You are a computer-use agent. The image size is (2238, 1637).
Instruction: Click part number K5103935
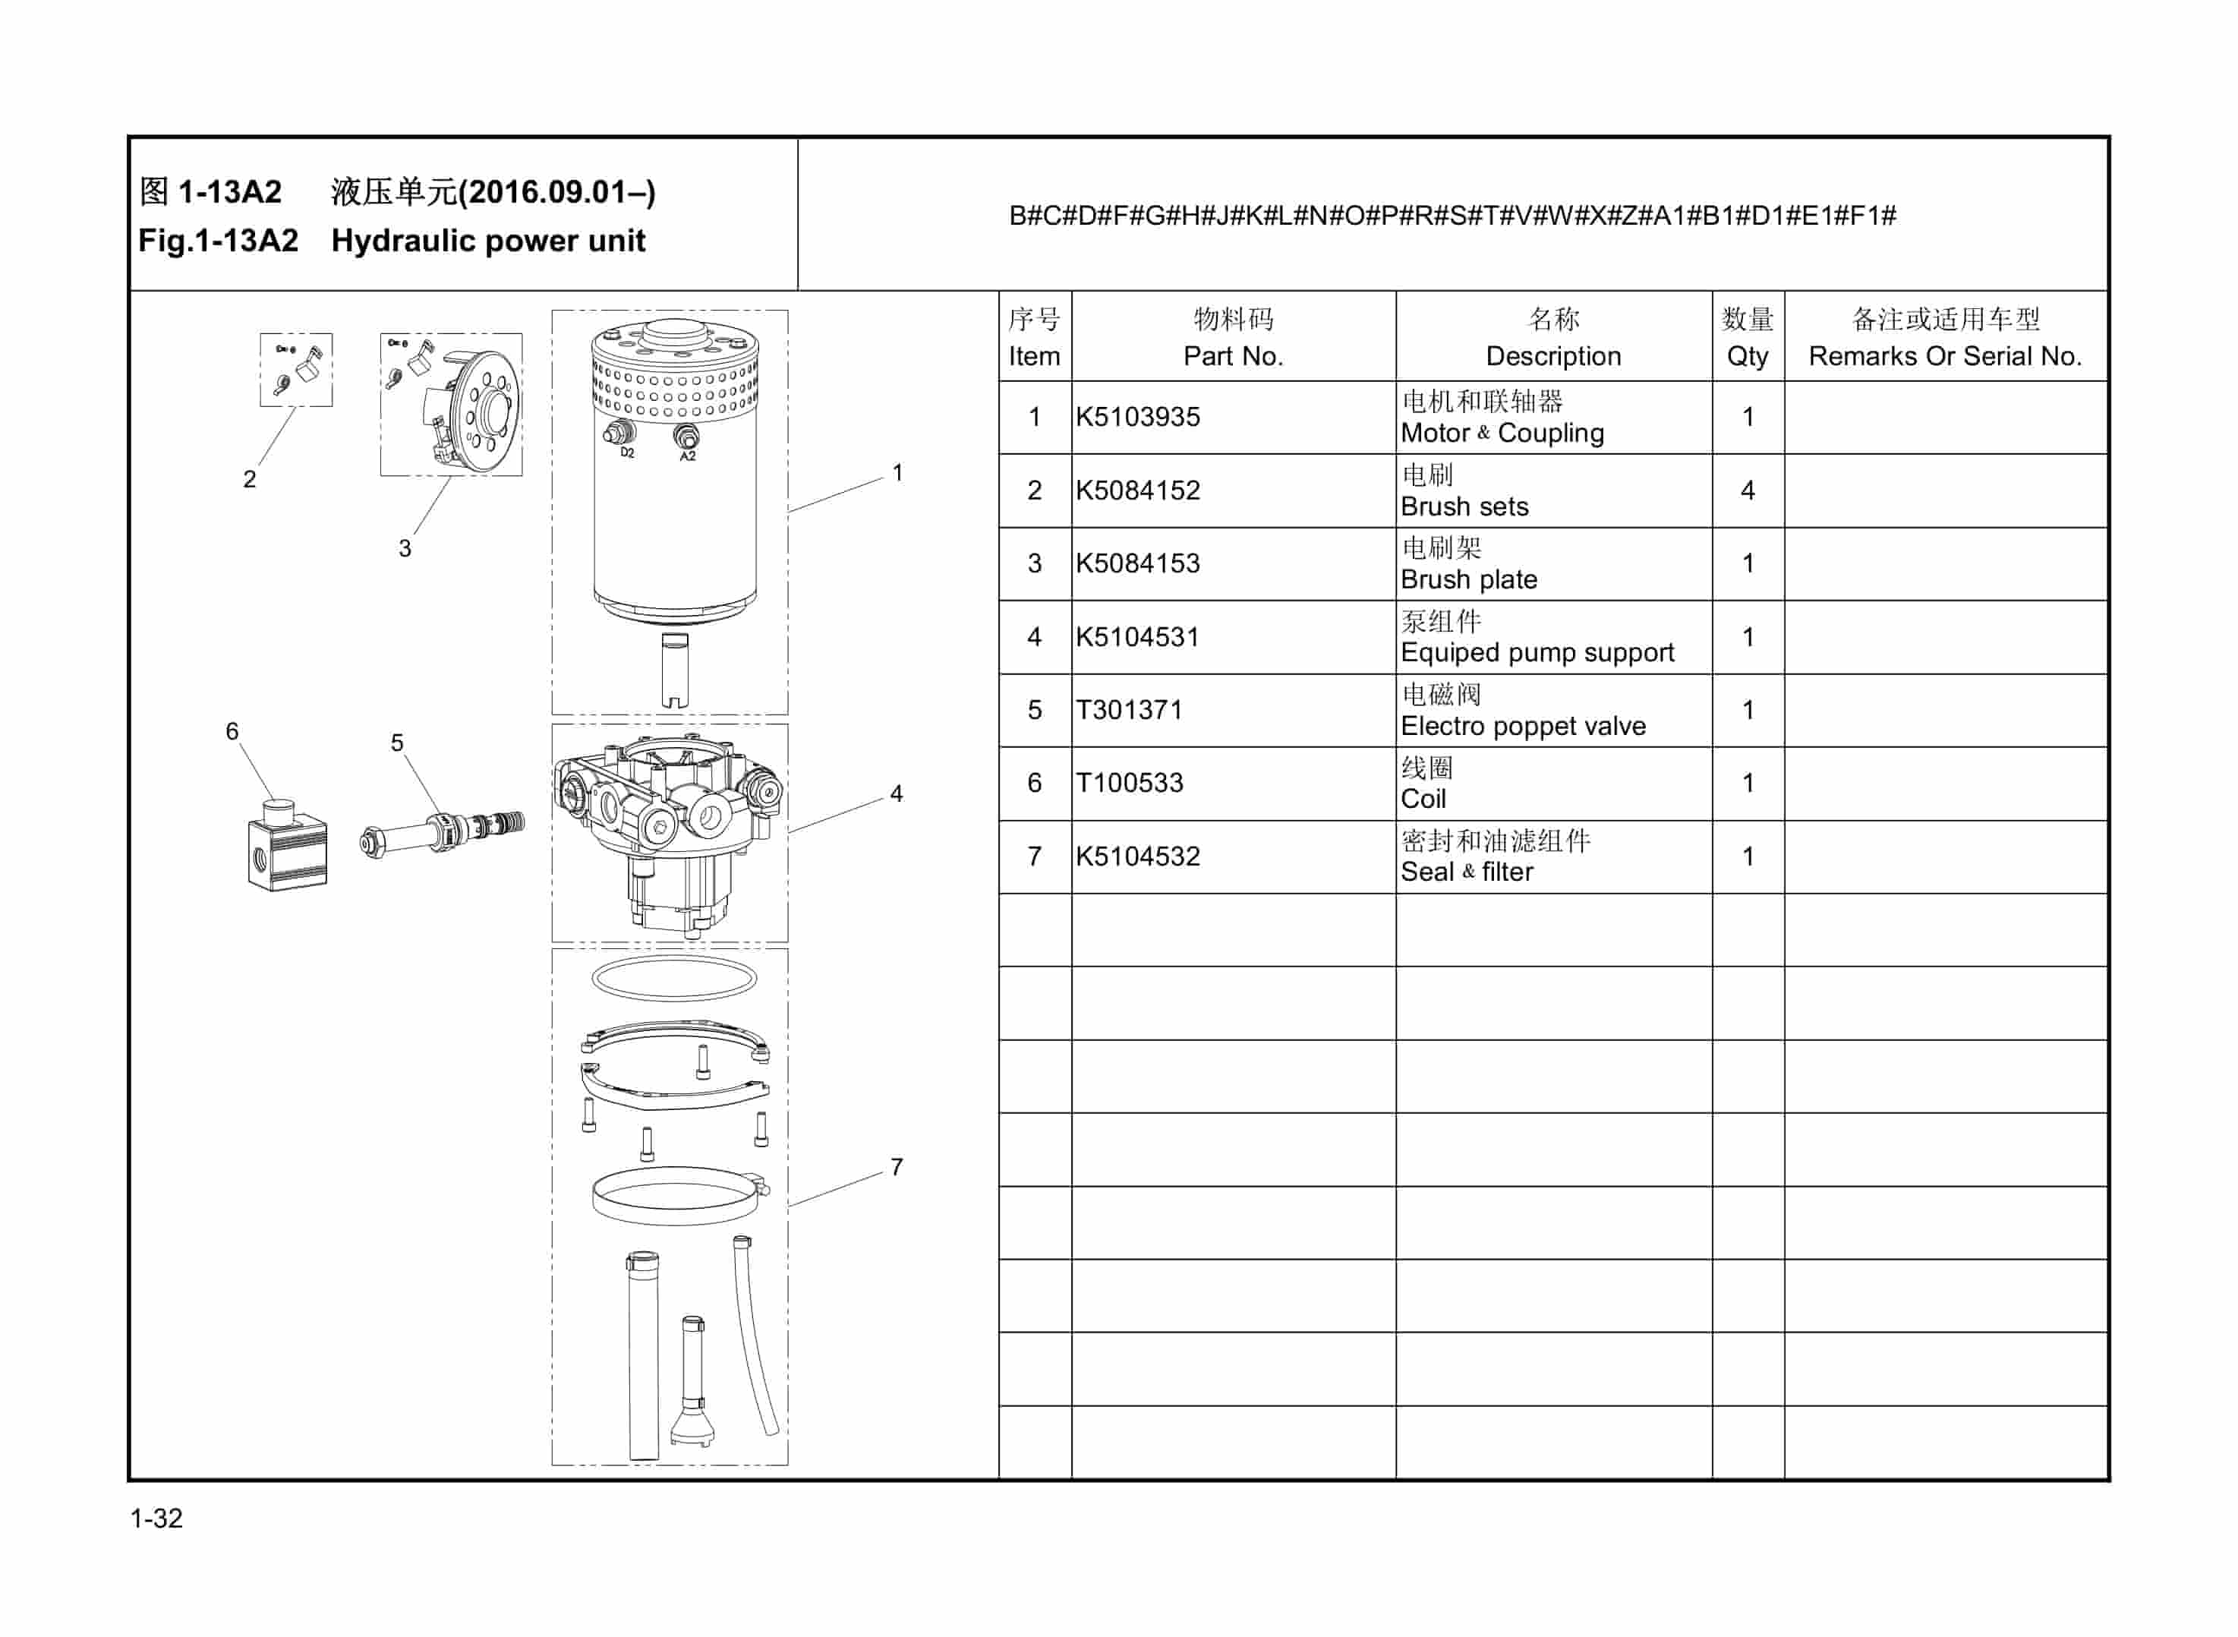click(1137, 417)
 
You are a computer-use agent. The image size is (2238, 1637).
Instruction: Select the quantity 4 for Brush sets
click(1747, 490)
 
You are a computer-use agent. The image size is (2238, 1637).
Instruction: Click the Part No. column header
click(1232, 356)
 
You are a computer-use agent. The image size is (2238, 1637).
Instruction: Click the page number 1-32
click(156, 1518)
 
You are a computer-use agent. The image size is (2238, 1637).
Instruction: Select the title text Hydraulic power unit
click(487, 241)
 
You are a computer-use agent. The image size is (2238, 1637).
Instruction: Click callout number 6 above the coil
click(232, 731)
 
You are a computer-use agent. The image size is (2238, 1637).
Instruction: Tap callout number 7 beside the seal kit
click(896, 1167)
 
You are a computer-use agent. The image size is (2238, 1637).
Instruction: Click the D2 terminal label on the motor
click(627, 453)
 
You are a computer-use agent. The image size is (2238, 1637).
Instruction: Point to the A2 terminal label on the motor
click(688, 457)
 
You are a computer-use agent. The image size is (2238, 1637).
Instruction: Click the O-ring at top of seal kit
click(673, 978)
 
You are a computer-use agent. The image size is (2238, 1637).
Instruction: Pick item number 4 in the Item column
click(1034, 637)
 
